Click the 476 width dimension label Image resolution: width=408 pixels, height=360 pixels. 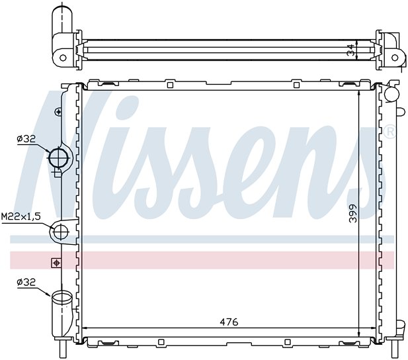coord(229,322)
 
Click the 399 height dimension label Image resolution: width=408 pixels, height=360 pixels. coord(353,213)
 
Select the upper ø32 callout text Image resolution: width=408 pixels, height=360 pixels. coord(26,138)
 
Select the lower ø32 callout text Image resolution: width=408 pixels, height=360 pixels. coord(26,282)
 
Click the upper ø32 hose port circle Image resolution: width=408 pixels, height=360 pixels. coord(58,158)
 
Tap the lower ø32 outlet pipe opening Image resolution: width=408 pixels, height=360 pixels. coord(62,296)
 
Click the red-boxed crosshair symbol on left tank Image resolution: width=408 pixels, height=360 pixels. coord(56,263)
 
